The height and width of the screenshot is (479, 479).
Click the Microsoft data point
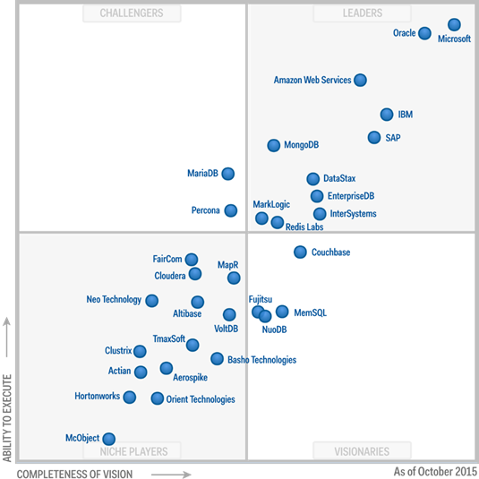tap(454, 25)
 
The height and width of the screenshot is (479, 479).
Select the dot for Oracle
tap(424, 34)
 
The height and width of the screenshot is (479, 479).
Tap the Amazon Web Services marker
tap(360, 80)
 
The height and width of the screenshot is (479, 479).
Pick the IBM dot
tap(387, 115)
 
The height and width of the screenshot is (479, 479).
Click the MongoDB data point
tap(274, 145)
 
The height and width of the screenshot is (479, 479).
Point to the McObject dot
tap(108, 439)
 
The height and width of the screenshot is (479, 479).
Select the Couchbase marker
tap(300, 252)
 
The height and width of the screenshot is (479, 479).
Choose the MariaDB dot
tap(228, 174)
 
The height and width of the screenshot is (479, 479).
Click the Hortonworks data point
tap(130, 397)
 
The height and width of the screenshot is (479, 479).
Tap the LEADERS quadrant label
tap(362, 13)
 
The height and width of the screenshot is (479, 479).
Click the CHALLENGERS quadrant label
tap(132, 13)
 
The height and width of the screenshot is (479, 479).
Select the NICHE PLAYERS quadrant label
tap(132, 451)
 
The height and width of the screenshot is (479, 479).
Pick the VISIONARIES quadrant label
tap(362, 451)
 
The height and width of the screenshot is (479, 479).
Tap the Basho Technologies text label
tap(262, 360)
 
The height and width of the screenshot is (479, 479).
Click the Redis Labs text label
tap(304, 227)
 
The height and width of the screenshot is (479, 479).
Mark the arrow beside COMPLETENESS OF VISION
tap(170, 473)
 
